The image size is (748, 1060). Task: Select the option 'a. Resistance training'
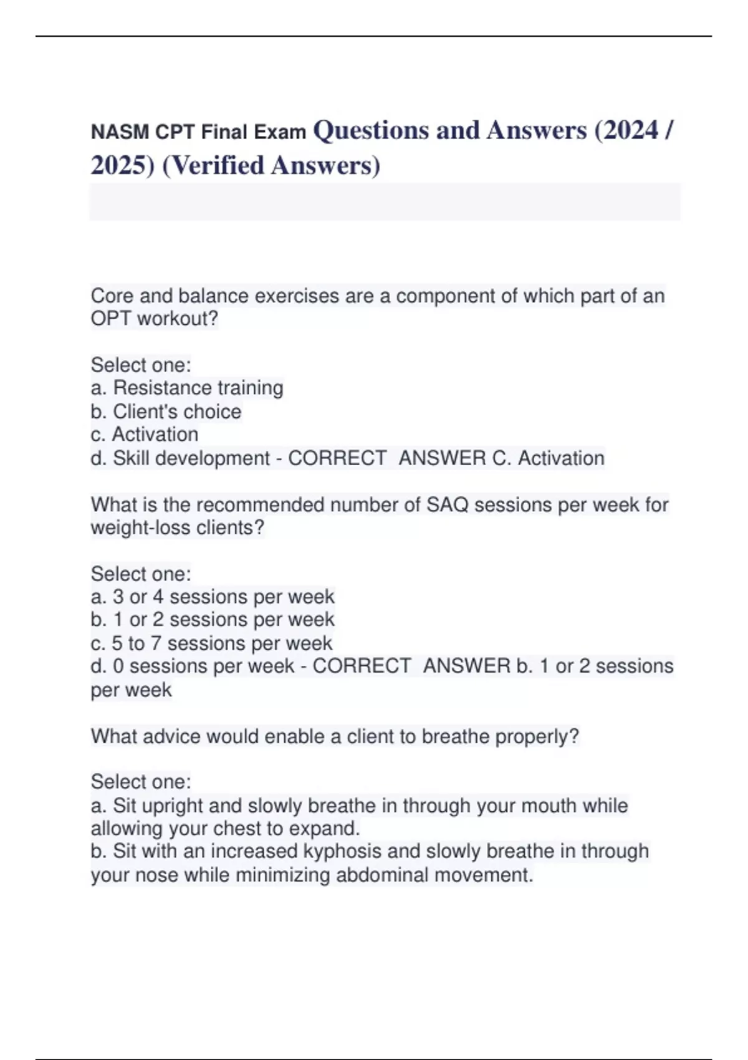(187, 388)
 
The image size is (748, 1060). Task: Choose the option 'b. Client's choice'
(166, 412)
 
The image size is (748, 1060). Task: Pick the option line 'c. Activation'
(145, 435)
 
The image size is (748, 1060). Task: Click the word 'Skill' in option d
(131, 458)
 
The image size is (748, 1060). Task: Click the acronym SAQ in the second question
(448, 504)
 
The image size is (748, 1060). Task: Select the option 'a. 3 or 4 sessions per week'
(213, 597)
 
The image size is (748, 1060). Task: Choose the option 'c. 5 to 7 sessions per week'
(211, 643)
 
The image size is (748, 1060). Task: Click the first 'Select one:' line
(141, 365)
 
